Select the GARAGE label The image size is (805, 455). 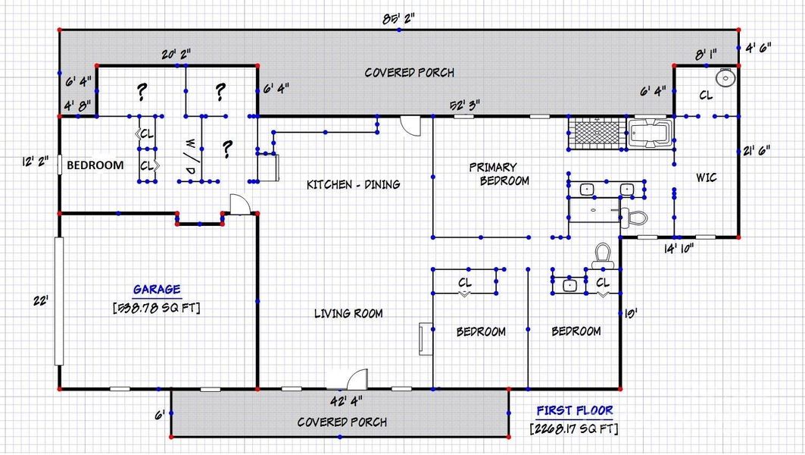(157, 290)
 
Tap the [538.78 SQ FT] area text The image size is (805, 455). (157, 308)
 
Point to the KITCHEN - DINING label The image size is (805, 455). (353, 184)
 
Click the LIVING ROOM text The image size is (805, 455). (348, 313)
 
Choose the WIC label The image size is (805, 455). (707, 177)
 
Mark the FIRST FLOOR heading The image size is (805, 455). (575, 411)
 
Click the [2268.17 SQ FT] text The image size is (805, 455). (575, 429)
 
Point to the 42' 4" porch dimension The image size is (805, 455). (345, 400)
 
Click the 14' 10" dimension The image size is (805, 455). (679, 247)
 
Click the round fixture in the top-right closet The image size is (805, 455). (725, 77)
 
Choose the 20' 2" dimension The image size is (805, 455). (175, 54)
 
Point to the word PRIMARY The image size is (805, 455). (492, 167)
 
